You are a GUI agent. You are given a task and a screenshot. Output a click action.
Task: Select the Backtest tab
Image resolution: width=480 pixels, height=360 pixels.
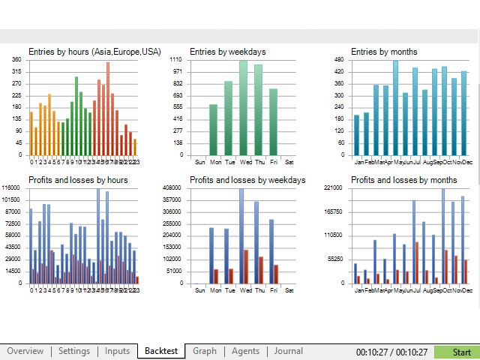pyautogui.click(x=161, y=351)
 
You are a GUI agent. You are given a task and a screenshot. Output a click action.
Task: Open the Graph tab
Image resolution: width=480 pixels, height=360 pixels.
pyautogui.click(x=204, y=351)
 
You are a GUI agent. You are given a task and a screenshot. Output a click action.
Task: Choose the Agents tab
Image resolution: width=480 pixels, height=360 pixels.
pyautogui.click(x=245, y=351)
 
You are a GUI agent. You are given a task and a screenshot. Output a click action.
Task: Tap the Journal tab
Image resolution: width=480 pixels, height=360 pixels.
pyautogui.click(x=288, y=351)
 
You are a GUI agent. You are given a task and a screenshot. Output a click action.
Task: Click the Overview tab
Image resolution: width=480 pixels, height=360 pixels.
pyautogui.click(x=25, y=351)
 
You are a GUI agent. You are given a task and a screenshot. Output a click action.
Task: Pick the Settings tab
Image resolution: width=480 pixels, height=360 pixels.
pyautogui.click(x=74, y=351)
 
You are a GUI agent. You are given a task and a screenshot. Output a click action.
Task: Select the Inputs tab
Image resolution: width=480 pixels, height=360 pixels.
pyautogui.click(x=117, y=351)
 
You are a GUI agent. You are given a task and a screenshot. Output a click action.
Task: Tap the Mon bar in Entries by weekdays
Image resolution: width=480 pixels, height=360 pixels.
pyautogui.click(x=213, y=130)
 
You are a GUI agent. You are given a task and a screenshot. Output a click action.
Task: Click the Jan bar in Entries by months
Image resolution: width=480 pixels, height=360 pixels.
pyautogui.click(x=357, y=135)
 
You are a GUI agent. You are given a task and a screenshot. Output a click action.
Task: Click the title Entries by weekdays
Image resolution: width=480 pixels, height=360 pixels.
pyautogui.click(x=228, y=52)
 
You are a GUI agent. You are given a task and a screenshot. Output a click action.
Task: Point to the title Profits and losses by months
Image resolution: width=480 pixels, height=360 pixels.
pyautogui.click(x=404, y=180)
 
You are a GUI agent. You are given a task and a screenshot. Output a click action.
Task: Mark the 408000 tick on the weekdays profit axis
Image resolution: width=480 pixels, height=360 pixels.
pyautogui.click(x=173, y=187)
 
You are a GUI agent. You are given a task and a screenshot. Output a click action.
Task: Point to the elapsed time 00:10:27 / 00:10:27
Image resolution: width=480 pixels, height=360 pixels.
pyautogui.click(x=392, y=352)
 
